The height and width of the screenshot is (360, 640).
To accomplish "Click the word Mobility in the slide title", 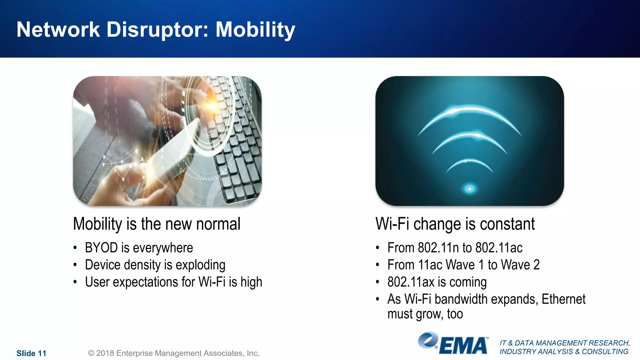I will [255, 30].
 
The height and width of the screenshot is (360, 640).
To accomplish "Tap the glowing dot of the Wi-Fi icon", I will [469, 188].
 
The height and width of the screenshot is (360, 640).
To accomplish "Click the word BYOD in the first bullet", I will [101, 248].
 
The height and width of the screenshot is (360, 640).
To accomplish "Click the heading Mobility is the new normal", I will [157, 224].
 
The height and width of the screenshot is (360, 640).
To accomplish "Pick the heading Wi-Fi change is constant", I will [455, 224].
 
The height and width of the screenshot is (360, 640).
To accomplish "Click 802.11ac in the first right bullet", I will [499, 248].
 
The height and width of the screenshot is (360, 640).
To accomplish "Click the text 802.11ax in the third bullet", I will [411, 282].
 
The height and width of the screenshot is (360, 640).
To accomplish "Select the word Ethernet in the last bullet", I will [563, 299].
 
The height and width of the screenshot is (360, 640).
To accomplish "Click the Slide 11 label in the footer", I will [31, 353].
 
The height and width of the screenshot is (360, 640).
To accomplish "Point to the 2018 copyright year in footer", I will [105, 353].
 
